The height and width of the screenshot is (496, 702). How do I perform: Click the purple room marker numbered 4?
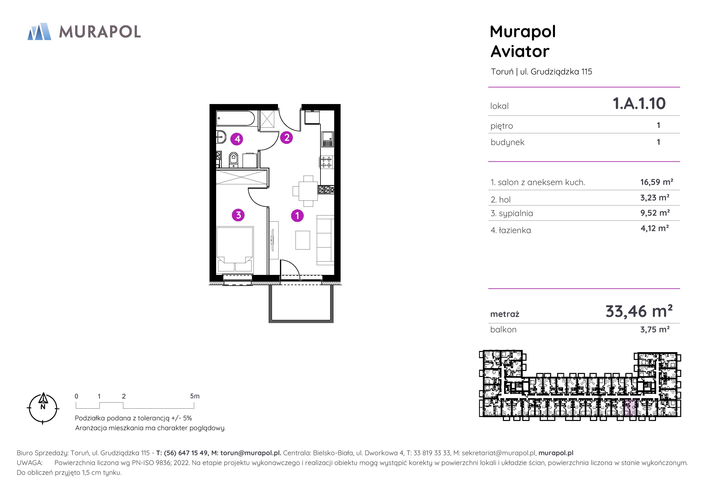coord(237,139)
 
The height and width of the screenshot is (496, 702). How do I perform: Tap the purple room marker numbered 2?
coord(287,137)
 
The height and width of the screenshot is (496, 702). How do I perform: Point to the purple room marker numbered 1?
coord(297,215)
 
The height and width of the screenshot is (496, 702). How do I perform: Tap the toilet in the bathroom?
coord(233,159)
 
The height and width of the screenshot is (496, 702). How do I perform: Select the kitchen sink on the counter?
coord(327,139)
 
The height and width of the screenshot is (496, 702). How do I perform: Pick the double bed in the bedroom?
coord(235,249)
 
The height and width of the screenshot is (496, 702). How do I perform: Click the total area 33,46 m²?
coord(639,311)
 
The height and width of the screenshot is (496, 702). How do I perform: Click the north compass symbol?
coord(43,408)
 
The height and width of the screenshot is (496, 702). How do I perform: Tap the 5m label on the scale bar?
coord(195,396)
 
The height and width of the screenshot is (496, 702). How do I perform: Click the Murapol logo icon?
coord(39,31)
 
